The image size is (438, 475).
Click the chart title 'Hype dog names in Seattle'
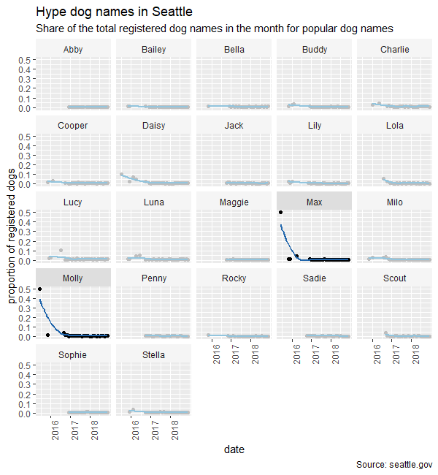tap(113, 12)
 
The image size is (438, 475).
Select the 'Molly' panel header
tap(73, 278)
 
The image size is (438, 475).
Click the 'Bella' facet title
tap(234, 50)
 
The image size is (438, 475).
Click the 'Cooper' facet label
tap(73, 126)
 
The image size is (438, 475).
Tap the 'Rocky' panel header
tap(234, 278)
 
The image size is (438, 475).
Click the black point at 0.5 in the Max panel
tap(281, 213)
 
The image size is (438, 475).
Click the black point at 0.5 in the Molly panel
tap(39, 289)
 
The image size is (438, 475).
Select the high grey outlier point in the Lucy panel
tap(61, 251)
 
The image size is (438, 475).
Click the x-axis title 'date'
tap(234, 449)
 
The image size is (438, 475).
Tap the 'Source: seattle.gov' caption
tap(394, 465)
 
